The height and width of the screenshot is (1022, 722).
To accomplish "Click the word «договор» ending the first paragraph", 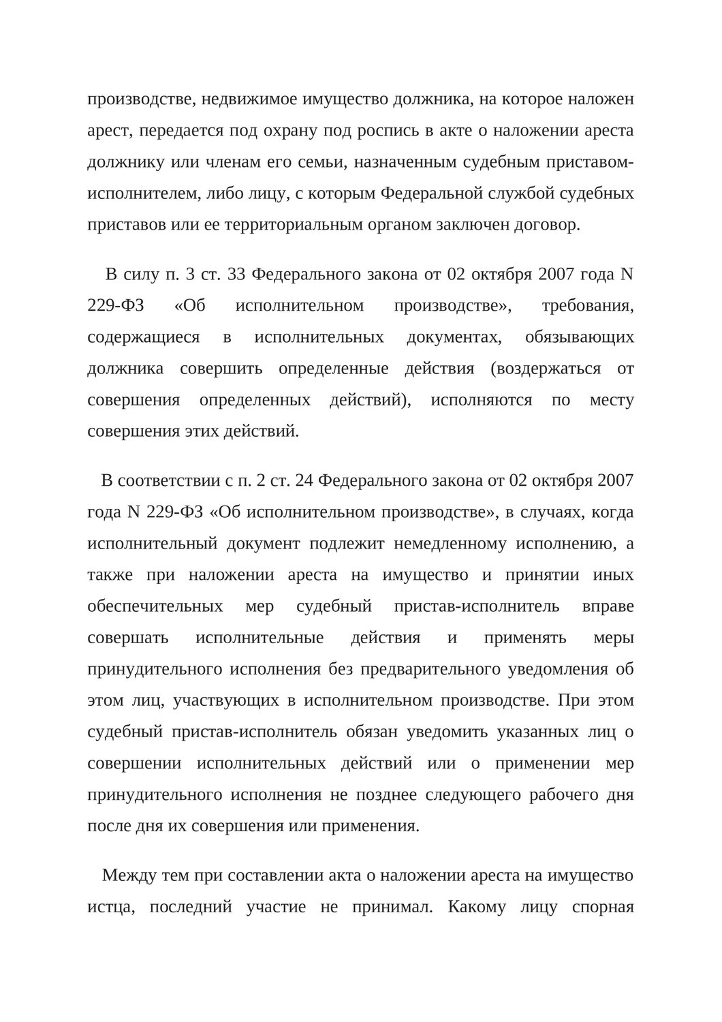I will click(x=548, y=225).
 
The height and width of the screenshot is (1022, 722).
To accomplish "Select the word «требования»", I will click(x=587, y=306).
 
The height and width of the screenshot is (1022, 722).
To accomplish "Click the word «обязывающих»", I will click(x=580, y=337).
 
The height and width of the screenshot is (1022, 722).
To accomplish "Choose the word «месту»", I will click(x=611, y=400).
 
